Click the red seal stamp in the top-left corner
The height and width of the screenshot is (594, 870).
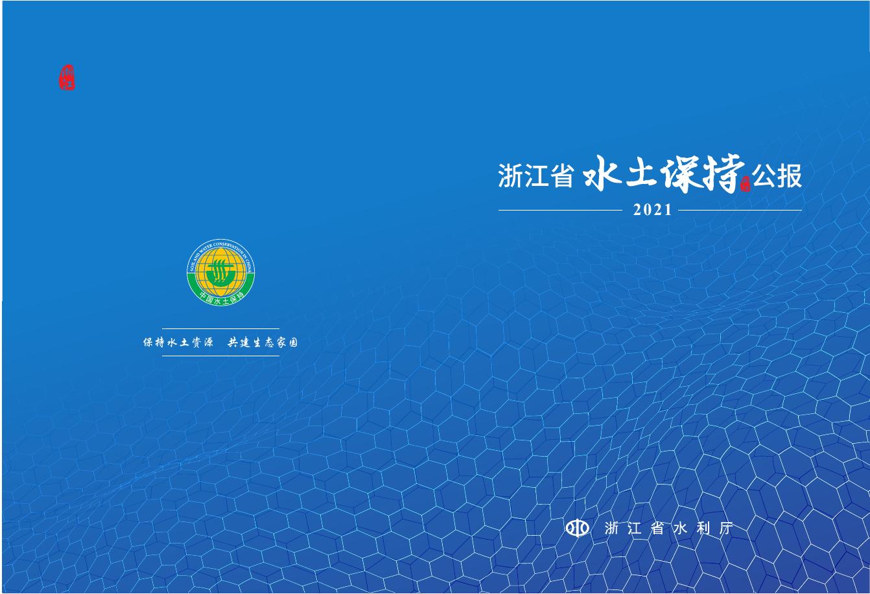point(67,78)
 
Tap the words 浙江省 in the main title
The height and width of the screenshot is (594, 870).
point(536,176)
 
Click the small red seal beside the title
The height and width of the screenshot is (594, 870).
point(745,184)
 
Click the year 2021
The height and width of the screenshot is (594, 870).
point(653,211)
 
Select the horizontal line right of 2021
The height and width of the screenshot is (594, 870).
point(740,210)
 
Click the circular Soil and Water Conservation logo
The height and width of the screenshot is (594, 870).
point(220,272)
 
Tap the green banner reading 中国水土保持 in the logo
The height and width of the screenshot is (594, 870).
point(220,297)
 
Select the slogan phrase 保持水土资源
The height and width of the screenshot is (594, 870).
point(178,343)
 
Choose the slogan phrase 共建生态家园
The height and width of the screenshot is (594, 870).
point(263,343)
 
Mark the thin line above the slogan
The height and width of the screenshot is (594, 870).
point(220,329)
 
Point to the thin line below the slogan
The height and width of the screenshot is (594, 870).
point(220,356)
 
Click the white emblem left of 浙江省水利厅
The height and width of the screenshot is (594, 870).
point(578,529)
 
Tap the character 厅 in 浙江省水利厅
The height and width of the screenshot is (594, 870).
point(726,529)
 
